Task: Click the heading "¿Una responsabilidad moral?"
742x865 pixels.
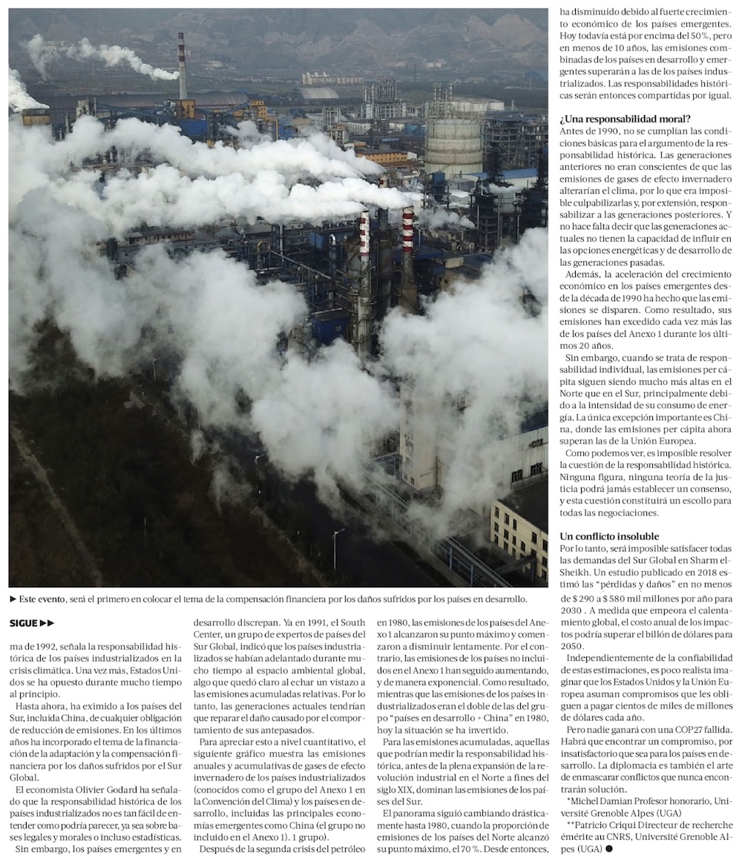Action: click(626, 119)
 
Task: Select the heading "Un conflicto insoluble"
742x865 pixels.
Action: click(608, 536)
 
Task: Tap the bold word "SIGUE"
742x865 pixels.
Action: click(25, 623)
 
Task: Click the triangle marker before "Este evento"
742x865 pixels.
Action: click(13, 598)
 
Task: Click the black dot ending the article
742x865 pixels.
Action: click(608, 848)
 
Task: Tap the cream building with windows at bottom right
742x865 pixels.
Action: click(519, 527)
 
